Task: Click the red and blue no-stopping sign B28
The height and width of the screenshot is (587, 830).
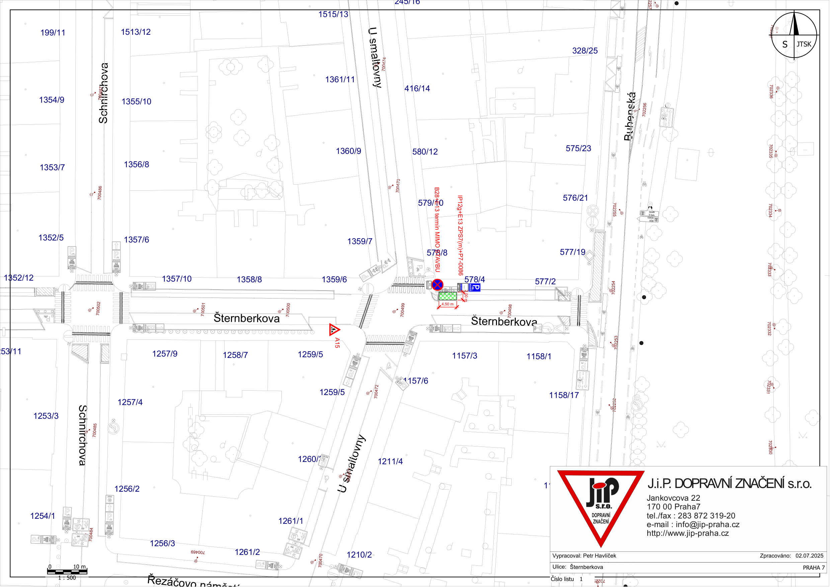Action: [x=437, y=285]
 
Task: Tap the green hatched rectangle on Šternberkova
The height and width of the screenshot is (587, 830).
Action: [x=447, y=296]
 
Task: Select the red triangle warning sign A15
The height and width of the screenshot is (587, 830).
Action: [x=334, y=330]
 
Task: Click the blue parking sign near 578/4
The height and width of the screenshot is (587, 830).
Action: [x=475, y=288]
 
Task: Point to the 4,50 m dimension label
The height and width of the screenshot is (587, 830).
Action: [x=447, y=304]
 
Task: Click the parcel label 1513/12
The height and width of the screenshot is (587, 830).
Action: [x=136, y=32]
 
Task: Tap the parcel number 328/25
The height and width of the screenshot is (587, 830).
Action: [x=585, y=51]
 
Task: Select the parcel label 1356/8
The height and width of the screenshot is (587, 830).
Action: [x=136, y=165]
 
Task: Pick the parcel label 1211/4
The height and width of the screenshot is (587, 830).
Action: [x=390, y=462]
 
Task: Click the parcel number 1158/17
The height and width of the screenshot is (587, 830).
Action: [x=564, y=395]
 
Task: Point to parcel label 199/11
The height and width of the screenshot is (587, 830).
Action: [x=53, y=33]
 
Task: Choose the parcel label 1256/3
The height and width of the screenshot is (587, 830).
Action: [x=162, y=544]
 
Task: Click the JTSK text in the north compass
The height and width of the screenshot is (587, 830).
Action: [x=804, y=44]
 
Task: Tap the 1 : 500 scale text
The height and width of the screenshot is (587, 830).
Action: [x=67, y=578]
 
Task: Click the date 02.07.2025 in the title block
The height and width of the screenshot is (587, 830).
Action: [x=809, y=556]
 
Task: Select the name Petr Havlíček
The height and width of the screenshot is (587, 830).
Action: [x=600, y=556]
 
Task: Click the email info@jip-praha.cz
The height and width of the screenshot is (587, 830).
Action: [x=708, y=524]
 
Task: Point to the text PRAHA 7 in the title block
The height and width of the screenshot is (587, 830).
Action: [x=813, y=568]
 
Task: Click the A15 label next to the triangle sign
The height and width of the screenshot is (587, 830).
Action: [x=337, y=343]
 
